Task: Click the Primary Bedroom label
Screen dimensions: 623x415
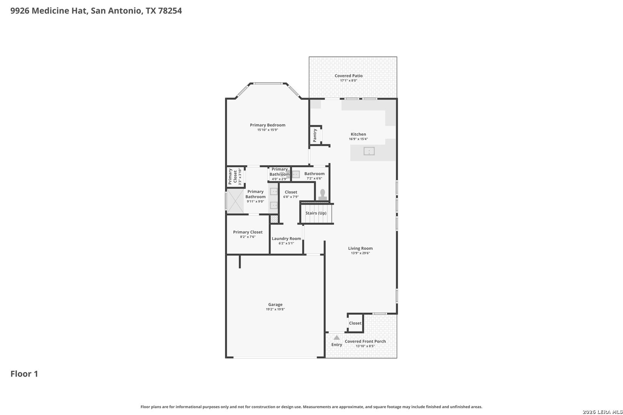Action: (x=268, y=125)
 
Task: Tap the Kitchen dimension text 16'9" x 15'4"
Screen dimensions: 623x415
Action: (x=358, y=139)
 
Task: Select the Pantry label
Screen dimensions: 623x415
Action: (x=315, y=135)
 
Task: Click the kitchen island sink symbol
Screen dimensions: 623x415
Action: (x=369, y=151)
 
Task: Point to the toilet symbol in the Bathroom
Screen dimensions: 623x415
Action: (x=323, y=195)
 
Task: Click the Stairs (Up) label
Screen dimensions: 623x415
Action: (x=316, y=213)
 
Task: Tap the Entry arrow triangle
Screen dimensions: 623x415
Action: (x=336, y=337)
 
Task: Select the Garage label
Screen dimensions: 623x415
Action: (x=275, y=305)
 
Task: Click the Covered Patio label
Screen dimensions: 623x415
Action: (x=348, y=76)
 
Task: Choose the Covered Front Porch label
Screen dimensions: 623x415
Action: (x=365, y=341)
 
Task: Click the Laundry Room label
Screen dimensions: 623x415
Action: (x=286, y=239)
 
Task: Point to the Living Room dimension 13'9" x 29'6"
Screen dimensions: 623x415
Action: (x=360, y=253)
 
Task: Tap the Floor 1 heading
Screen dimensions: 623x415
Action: (x=24, y=374)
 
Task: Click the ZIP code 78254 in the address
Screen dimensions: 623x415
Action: (x=170, y=10)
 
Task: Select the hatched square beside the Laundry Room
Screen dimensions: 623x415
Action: (x=274, y=219)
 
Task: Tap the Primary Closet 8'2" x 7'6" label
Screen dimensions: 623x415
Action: (x=248, y=234)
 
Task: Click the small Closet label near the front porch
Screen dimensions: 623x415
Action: (x=355, y=323)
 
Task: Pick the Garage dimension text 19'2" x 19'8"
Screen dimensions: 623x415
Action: (x=275, y=309)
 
